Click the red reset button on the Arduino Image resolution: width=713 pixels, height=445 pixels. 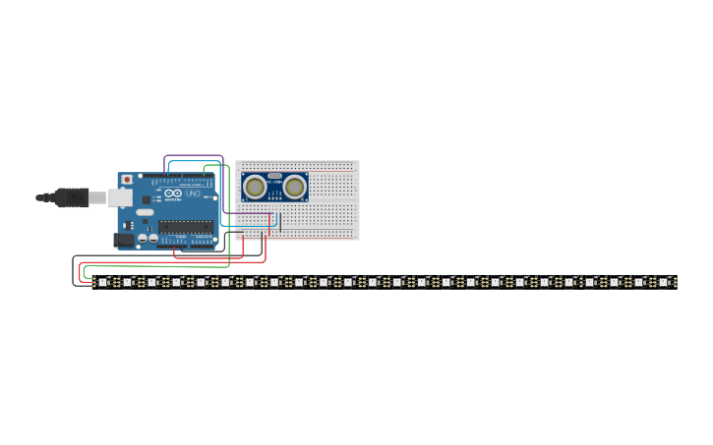(126, 180)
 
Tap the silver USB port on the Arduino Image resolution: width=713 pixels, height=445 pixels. (120, 197)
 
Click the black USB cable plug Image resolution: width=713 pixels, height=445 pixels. (71, 197)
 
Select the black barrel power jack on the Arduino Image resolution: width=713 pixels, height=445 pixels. (123, 239)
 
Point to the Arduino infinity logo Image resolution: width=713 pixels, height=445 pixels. (173, 194)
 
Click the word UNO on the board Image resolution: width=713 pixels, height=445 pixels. (193, 195)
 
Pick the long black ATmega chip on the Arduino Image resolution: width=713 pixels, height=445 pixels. (185, 227)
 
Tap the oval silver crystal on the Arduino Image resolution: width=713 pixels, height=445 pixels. (145, 212)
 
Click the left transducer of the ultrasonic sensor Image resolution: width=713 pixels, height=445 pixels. (256, 187)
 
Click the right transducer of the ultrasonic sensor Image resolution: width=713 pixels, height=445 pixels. (294, 187)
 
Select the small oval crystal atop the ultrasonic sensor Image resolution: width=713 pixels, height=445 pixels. (274, 176)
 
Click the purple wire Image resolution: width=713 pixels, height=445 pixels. (194, 156)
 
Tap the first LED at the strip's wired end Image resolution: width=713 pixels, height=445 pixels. (102, 282)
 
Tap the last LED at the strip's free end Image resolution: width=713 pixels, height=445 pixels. (663, 282)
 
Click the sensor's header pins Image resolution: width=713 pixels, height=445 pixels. (274, 204)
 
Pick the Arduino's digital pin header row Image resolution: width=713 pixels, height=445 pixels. (182, 177)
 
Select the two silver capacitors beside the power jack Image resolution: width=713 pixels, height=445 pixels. (148, 238)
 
